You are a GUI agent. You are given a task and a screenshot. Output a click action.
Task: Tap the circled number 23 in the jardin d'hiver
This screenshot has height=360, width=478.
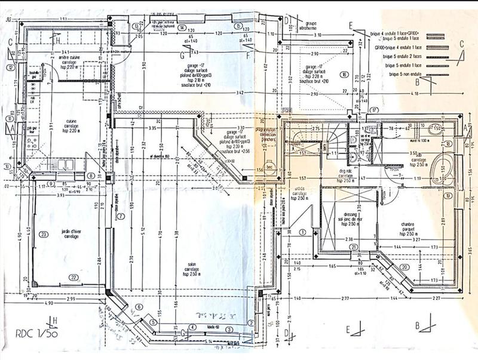(43, 235)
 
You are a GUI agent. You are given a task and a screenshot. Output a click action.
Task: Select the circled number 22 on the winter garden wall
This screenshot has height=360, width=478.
(73, 277)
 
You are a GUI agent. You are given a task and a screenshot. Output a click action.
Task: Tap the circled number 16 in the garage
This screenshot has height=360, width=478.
(344, 74)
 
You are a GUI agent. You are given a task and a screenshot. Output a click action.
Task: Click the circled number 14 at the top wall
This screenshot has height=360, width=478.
(180, 27)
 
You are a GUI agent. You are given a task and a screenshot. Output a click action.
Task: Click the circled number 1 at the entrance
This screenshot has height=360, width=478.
(302, 232)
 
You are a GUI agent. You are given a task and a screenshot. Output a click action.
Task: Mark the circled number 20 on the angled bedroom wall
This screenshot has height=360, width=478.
(405, 267)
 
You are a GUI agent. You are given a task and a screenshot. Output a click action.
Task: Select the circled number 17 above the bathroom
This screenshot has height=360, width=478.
(374, 110)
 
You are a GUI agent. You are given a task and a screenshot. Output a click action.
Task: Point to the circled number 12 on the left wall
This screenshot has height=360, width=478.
(11, 68)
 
